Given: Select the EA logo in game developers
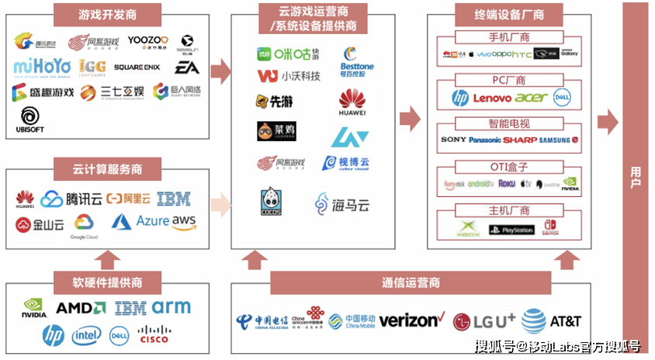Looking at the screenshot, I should [186, 67].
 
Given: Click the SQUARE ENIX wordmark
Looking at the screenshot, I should [137, 67].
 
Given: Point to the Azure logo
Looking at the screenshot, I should [140, 222].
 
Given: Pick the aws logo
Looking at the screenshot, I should [184, 222].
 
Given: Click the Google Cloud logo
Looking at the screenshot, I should [85, 227].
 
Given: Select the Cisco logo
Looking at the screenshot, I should [153, 335].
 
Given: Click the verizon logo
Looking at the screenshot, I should [411, 320].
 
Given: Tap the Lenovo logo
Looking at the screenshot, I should [492, 99].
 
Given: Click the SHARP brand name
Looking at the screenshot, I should [520, 140].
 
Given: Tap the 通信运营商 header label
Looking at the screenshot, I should [411, 281].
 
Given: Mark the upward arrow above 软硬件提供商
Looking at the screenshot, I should [109, 258].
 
